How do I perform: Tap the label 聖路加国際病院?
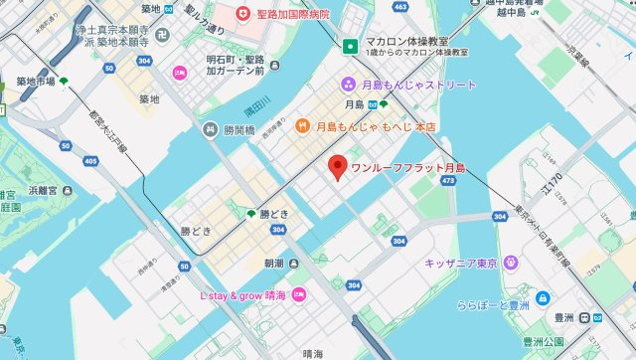(292, 15)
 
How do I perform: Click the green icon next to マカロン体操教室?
(350, 46)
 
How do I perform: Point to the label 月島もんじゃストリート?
(416, 85)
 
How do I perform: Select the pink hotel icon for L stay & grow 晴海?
(299, 295)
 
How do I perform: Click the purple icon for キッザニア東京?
(511, 263)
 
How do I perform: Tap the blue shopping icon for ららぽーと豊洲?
(543, 298)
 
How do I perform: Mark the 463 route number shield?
(400, 7)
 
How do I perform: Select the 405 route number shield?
(91, 160)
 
